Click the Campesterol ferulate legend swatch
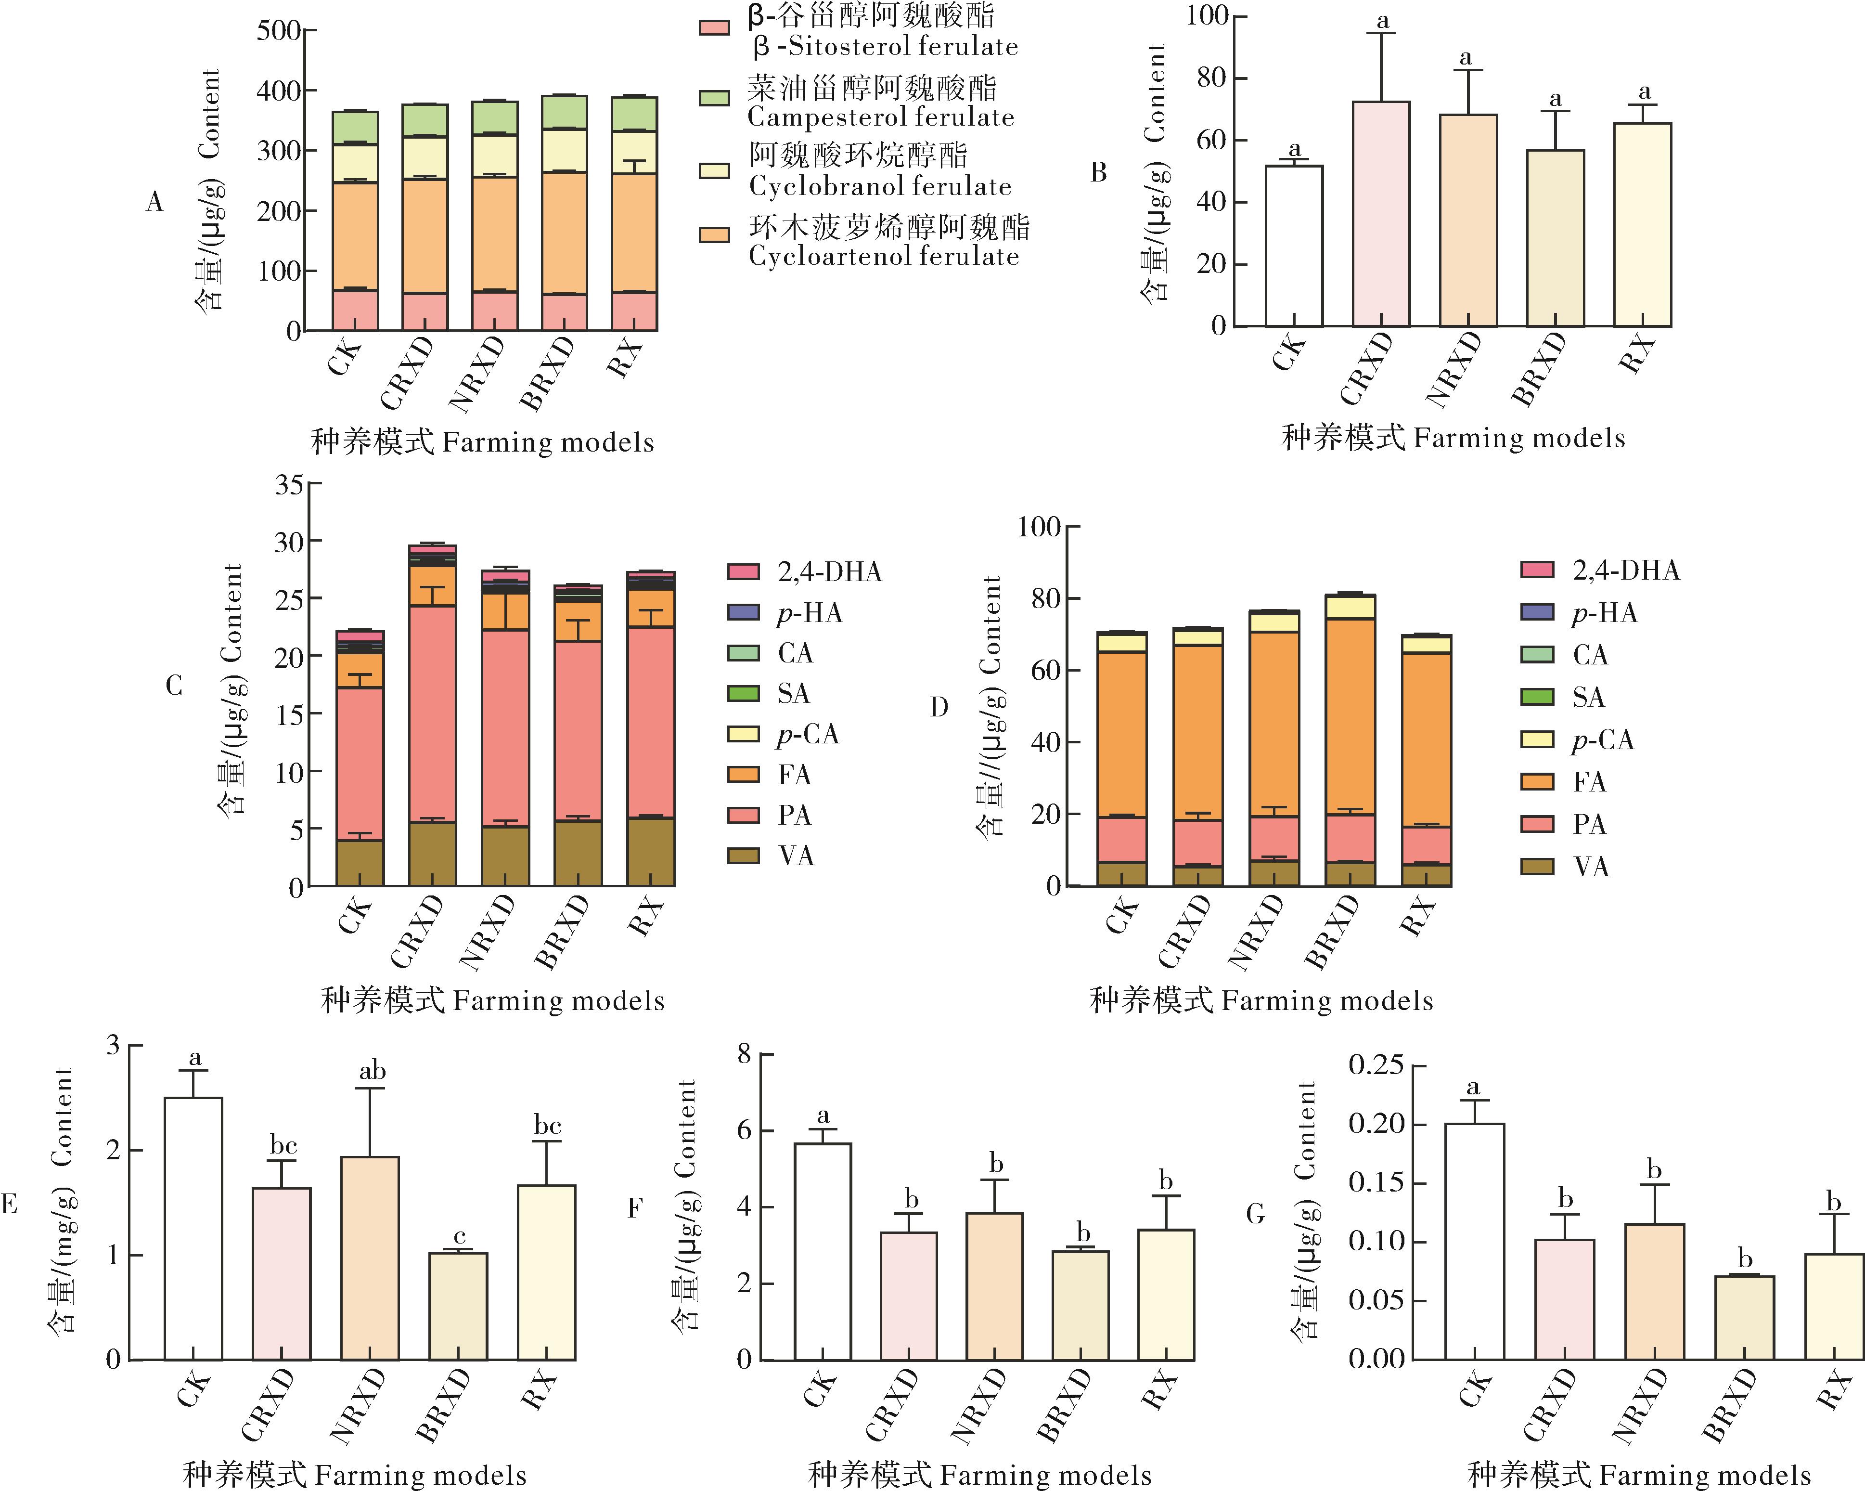tap(715, 98)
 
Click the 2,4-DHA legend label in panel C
tap(829, 572)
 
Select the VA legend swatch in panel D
tap(1537, 866)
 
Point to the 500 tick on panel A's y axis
tap(279, 31)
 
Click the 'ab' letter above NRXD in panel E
tap(372, 1071)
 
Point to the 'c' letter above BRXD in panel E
tap(459, 1237)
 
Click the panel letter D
tap(939, 707)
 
